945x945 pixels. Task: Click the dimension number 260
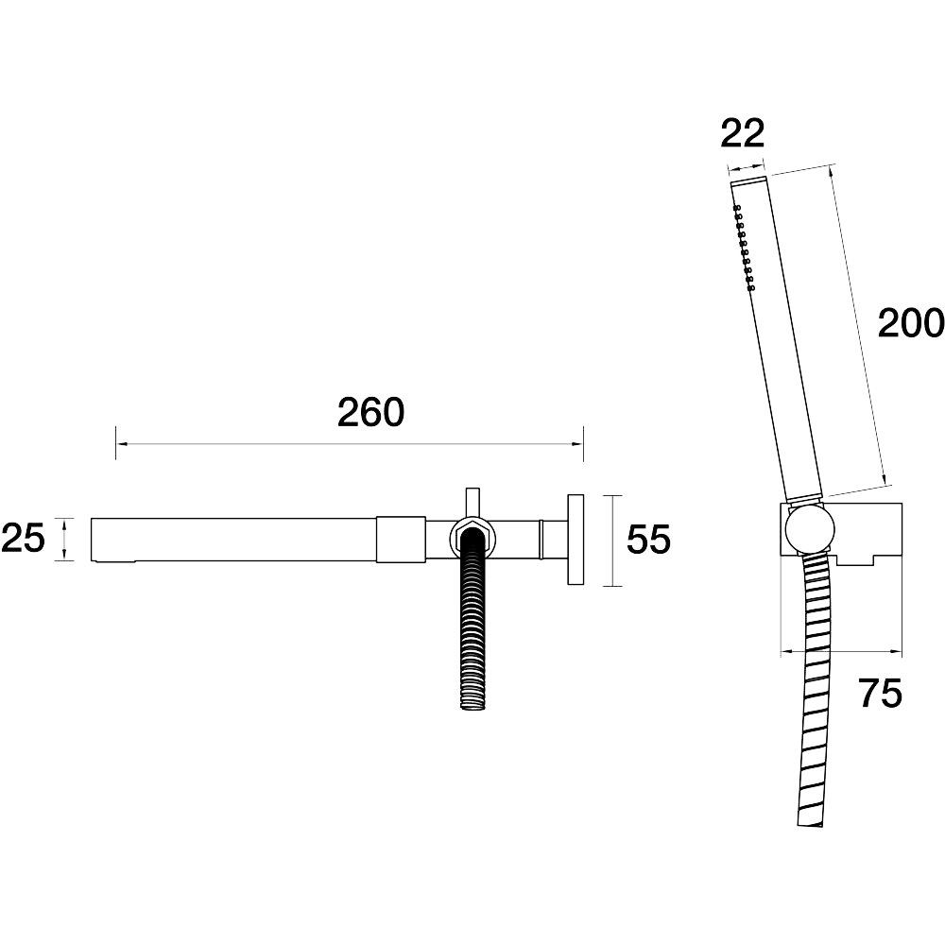[x=370, y=412]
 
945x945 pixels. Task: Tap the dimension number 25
[x=23, y=539]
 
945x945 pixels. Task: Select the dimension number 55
[x=648, y=539]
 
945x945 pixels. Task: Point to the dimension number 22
[x=743, y=133]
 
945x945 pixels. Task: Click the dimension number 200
[x=910, y=323]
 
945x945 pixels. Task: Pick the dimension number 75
[x=881, y=693]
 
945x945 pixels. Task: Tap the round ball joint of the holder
[x=810, y=530]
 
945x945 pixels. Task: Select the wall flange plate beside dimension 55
[x=576, y=540]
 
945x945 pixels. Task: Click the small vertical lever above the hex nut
[x=472, y=502]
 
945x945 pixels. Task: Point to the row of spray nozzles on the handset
[x=744, y=248]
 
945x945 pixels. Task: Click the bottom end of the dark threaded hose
[x=472, y=704]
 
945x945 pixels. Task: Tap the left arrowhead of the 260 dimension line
[x=122, y=444]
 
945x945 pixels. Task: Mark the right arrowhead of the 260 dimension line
[x=577, y=444]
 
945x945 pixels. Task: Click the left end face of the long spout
[x=92, y=540]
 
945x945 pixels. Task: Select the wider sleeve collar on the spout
[x=401, y=540]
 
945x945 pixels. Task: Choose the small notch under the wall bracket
[x=856, y=560]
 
